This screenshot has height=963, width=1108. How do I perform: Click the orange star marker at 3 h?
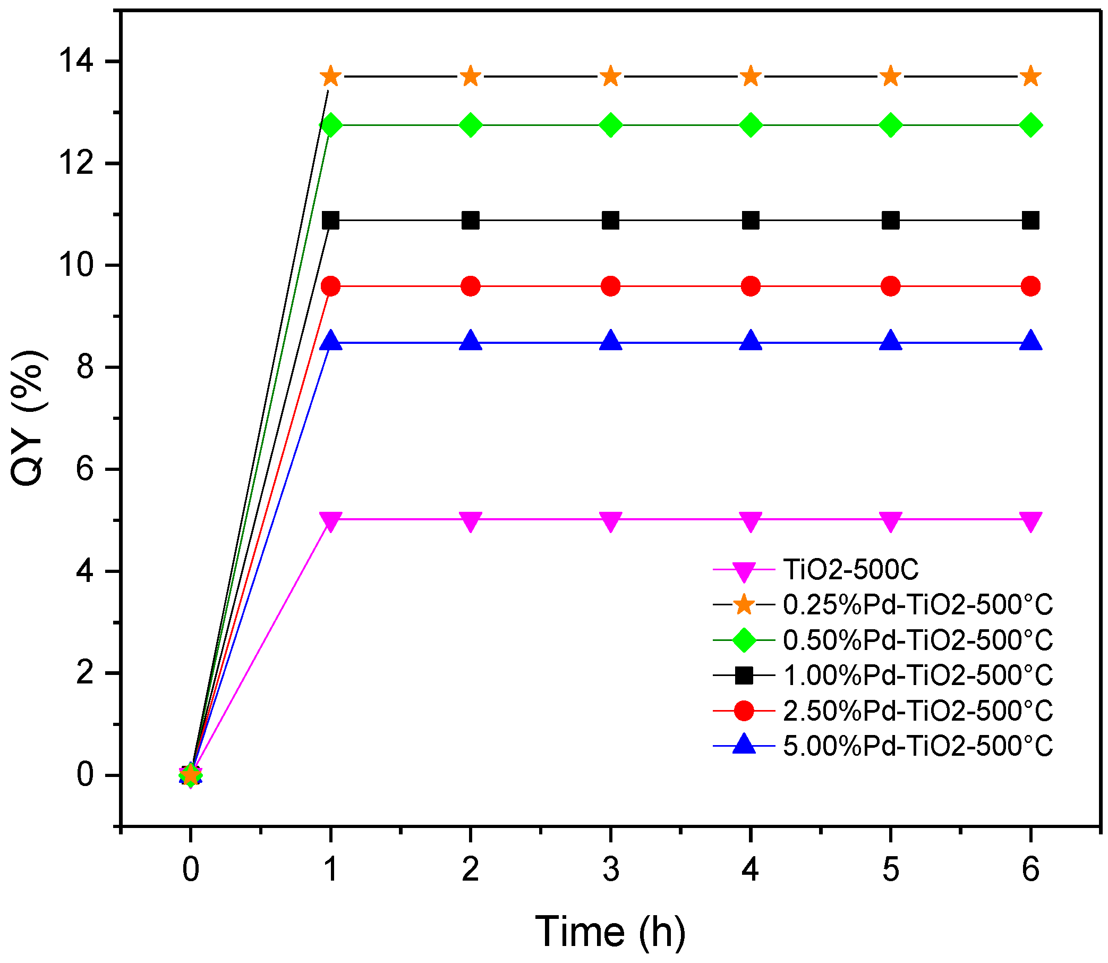tap(610, 77)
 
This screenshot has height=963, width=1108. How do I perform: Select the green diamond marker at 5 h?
tap(890, 125)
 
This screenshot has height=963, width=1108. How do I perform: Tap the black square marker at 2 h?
tap(471, 221)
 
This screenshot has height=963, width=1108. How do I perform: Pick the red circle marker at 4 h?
tap(751, 286)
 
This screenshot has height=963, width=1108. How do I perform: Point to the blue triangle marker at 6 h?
tap(1030, 342)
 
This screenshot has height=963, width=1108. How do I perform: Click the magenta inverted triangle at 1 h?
tap(330, 520)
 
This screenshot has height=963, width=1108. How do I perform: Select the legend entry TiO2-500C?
tap(851, 570)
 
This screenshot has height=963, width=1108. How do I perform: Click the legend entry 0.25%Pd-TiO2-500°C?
tap(917, 605)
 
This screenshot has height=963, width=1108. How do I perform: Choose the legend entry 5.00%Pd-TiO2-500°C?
tap(917, 746)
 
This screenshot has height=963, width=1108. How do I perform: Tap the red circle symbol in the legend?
tap(744, 711)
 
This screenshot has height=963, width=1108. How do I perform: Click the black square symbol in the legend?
tap(744, 675)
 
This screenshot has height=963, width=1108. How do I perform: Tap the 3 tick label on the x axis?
tap(610, 869)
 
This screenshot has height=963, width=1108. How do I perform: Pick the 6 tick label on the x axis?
tap(1030, 869)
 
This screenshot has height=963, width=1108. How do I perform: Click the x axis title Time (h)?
tap(610, 931)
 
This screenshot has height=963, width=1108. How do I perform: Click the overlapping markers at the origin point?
tap(190, 775)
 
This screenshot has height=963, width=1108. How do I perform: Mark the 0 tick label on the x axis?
tap(190, 869)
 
